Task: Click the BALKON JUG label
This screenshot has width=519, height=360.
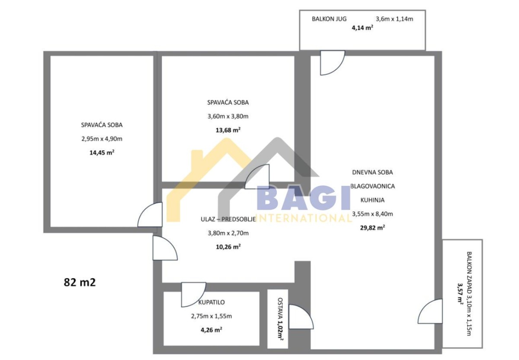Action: tap(329, 19)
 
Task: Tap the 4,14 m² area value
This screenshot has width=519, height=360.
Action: tap(362, 28)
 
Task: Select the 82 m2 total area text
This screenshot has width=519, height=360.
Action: tap(80, 283)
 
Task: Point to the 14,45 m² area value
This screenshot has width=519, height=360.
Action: tap(102, 153)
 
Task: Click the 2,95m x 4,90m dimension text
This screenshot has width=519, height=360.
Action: tap(102, 139)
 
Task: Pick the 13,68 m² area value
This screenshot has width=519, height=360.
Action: tap(228, 130)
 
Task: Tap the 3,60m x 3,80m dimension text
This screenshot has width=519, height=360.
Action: tap(228, 116)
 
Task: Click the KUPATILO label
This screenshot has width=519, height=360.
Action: tap(211, 302)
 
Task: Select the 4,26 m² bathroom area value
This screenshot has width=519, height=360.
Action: tap(211, 330)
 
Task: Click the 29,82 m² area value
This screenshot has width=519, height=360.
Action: tap(372, 228)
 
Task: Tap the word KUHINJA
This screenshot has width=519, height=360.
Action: tap(372, 200)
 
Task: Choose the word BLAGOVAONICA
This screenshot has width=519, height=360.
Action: tap(372, 186)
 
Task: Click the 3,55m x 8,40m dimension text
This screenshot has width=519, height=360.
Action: tap(372, 214)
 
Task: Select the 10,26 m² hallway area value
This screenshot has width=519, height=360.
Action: tap(228, 247)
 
